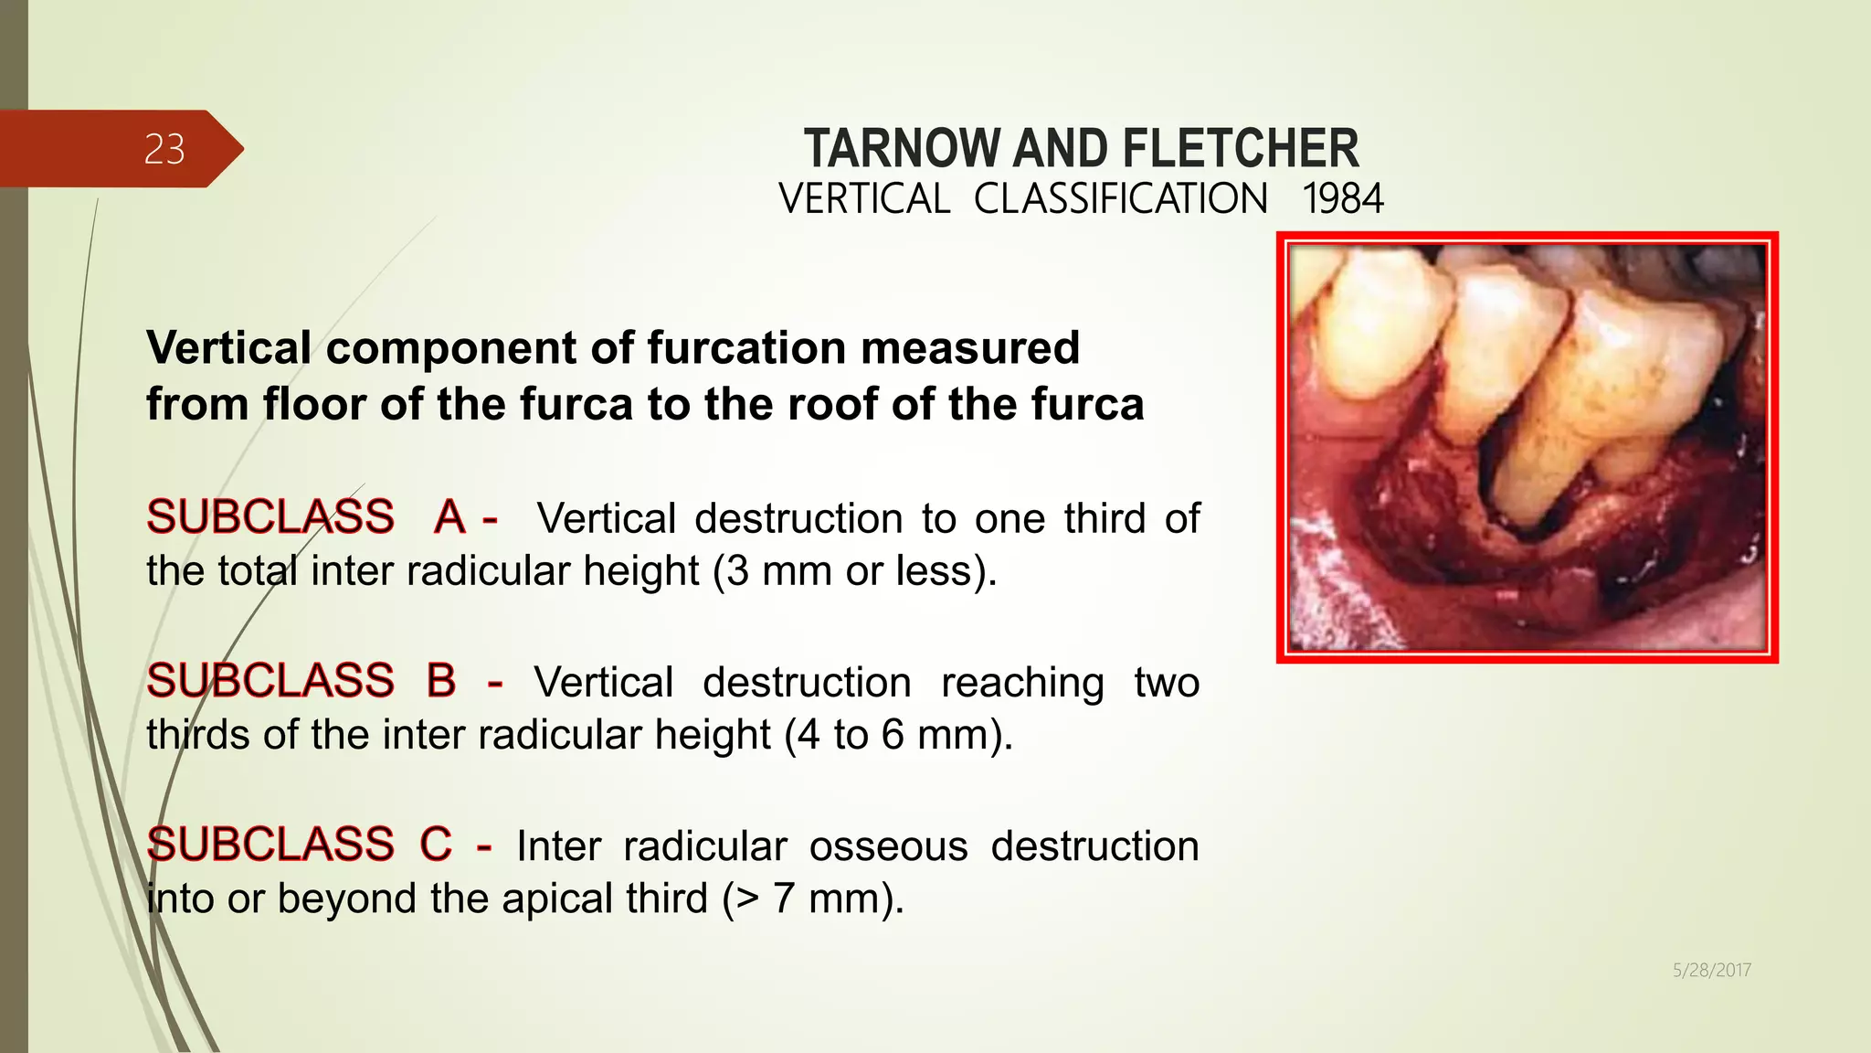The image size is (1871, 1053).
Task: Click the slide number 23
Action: click(164, 149)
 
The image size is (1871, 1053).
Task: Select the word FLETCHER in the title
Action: click(1241, 149)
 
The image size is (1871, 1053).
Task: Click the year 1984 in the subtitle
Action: click(1343, 199)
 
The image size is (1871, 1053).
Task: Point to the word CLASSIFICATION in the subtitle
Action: click(1121, 199)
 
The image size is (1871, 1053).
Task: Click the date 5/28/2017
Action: click(1711, 970)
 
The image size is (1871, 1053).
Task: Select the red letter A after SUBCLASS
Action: click(449, 517)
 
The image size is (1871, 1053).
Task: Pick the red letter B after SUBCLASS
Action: click(441, 681)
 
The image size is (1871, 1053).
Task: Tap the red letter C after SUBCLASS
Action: click(436, 845)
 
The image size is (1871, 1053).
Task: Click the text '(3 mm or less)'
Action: click(855, 571)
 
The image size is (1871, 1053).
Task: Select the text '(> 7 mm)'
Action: click(812, 899)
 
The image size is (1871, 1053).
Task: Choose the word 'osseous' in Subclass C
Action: click(888, 846)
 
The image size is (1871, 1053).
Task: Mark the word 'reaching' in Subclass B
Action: click(1022, 683)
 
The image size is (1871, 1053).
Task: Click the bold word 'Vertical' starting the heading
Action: click(228, 348)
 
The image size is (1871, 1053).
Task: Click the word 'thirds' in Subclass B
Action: click(198, 735)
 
